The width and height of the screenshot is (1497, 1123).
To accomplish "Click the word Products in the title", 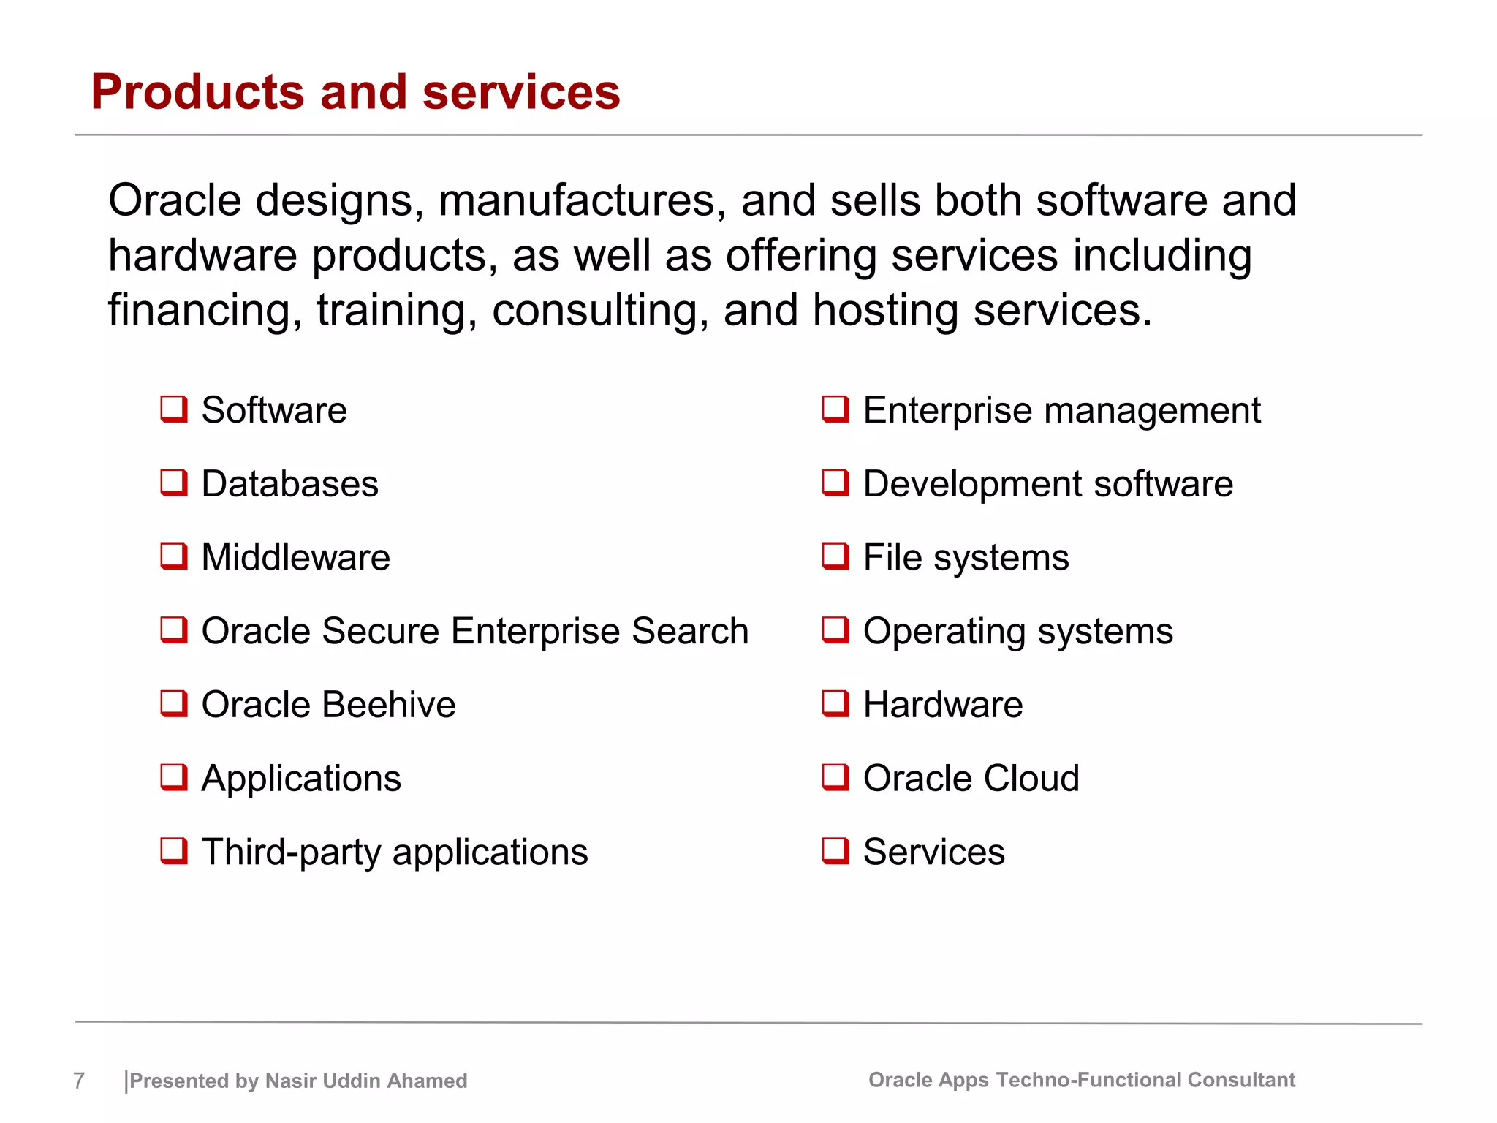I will point(197,93).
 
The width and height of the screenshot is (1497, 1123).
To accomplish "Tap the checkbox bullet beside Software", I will point(174,409).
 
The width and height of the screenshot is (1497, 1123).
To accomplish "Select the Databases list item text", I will point(289,484).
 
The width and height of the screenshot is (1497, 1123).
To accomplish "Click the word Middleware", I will point(295,558).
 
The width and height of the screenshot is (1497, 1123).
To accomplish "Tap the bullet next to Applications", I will point(174,777).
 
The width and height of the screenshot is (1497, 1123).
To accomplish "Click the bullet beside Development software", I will point(835,483).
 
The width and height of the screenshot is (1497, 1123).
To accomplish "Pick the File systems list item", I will point(966,558).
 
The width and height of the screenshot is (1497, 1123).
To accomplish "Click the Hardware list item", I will point(943,705).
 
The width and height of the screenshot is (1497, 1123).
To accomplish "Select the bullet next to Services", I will point(835,851).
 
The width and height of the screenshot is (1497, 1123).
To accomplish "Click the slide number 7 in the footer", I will point(79,1081).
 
